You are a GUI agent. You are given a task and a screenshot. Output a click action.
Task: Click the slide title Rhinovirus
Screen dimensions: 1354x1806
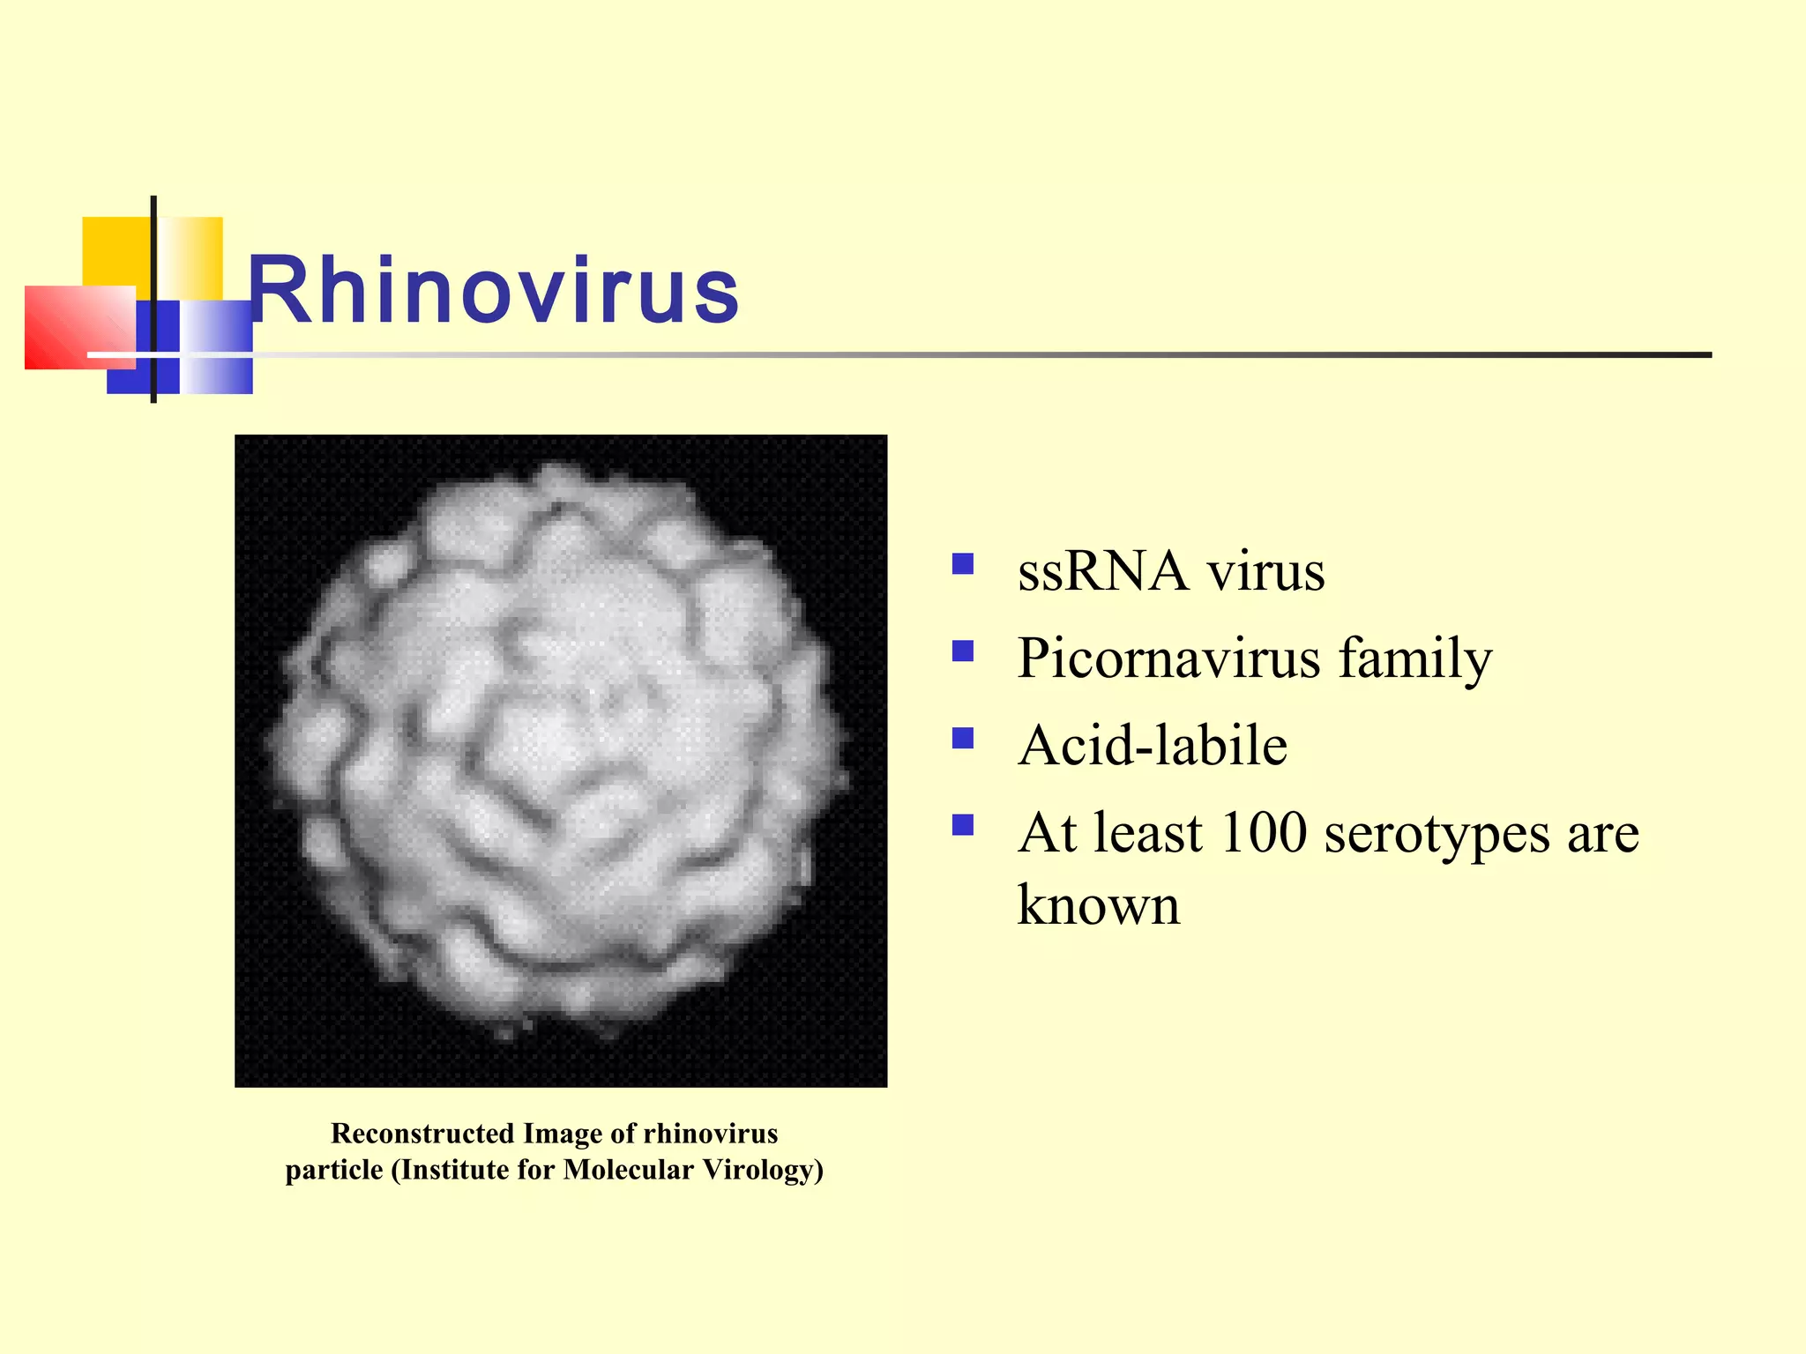click(494, 291)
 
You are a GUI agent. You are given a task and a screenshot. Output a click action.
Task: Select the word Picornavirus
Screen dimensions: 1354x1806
click(1168, 659)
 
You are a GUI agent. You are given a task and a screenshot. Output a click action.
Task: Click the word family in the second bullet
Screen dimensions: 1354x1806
click(1414, 659)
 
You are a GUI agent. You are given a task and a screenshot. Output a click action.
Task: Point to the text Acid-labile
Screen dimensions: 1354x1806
click(1152, 746)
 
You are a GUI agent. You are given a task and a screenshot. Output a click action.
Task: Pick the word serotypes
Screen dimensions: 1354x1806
click(1437, 834)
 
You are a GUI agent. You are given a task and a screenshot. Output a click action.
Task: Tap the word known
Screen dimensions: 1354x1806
click(1098, 906)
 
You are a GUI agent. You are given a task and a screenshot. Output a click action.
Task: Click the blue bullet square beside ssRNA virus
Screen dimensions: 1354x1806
click(963, 563)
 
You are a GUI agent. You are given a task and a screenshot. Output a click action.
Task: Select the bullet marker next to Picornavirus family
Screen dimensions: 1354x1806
click(963, 651)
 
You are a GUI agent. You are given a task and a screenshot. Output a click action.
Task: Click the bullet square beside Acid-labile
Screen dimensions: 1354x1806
click(963, 738)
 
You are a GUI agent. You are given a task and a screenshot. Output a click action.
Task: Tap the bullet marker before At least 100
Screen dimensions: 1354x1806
click(963, 825)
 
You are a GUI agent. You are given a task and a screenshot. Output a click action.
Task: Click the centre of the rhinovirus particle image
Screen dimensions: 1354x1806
click(560, 760)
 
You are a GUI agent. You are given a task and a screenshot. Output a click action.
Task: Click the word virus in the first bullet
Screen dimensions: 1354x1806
click(1265, 571)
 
